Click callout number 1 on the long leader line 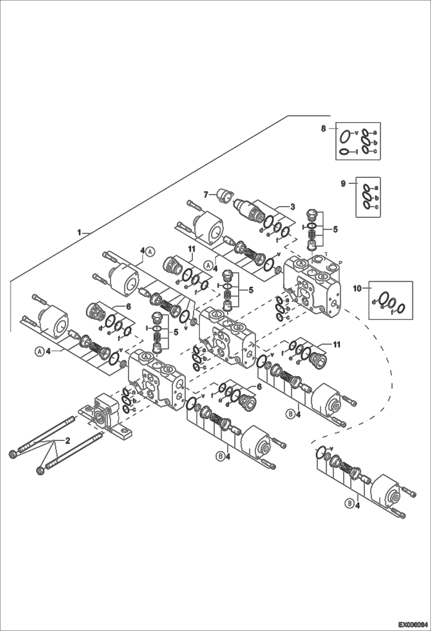(79, 232)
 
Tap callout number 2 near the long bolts (67, 440)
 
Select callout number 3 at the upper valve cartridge (292, 207)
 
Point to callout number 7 (206, 195)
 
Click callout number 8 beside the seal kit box (323, 129)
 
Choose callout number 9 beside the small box (343, 183)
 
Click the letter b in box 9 (376, 198)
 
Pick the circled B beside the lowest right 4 (349, 503)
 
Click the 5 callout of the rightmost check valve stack (335, 230)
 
